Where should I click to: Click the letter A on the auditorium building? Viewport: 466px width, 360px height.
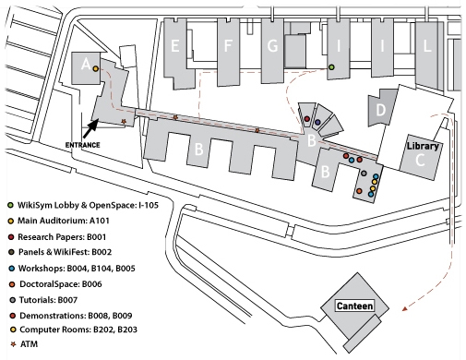86,65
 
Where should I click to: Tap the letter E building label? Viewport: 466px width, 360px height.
175,46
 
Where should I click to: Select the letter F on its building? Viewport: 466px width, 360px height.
228,46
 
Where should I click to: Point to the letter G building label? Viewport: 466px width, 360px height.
272,46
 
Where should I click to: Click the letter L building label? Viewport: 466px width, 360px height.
427,46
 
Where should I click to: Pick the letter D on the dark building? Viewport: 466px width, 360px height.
381,110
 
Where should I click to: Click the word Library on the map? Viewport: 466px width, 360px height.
423,146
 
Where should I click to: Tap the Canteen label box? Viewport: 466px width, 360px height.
354,306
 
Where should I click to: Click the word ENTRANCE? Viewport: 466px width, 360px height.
82,145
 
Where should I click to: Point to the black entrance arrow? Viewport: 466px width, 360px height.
90,128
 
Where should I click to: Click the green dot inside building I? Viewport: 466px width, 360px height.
331,67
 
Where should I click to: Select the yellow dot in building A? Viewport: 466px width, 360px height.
96,68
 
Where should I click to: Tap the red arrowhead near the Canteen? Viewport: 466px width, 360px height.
405,308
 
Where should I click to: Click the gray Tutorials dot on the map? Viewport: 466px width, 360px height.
364,174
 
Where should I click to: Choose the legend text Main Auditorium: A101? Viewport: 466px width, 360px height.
64,221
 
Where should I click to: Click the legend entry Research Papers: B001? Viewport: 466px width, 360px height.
62,237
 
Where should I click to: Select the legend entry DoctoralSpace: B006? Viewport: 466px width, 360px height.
61,284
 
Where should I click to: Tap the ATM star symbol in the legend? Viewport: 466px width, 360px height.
13,344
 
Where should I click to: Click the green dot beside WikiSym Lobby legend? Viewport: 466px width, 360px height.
11,205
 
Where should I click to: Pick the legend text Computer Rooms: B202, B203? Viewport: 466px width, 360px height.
78,330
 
